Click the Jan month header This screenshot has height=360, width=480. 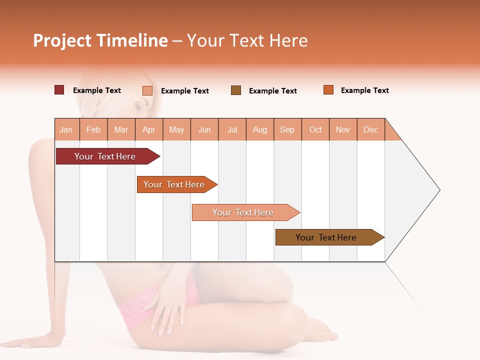tap(66, 129)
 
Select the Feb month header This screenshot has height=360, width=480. tap(93, 129)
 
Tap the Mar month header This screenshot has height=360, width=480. tap(121, 129)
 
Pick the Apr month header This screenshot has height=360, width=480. tap(149, 129)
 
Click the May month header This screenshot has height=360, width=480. tap(176, 129)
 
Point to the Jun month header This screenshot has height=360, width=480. tap(204, 129)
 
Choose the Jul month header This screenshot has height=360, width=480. tap(232, 129)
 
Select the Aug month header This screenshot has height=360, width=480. tap(260, 129)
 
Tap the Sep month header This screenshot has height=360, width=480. tap(287, 129)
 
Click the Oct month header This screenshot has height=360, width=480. tap(315, 129)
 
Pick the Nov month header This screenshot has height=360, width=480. tap(343, 129)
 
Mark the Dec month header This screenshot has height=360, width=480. tap(370, 129)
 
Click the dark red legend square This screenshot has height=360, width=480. tap(59, 90)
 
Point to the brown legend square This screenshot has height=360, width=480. tap(236, 90)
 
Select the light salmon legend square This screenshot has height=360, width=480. tap(147, 90)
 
